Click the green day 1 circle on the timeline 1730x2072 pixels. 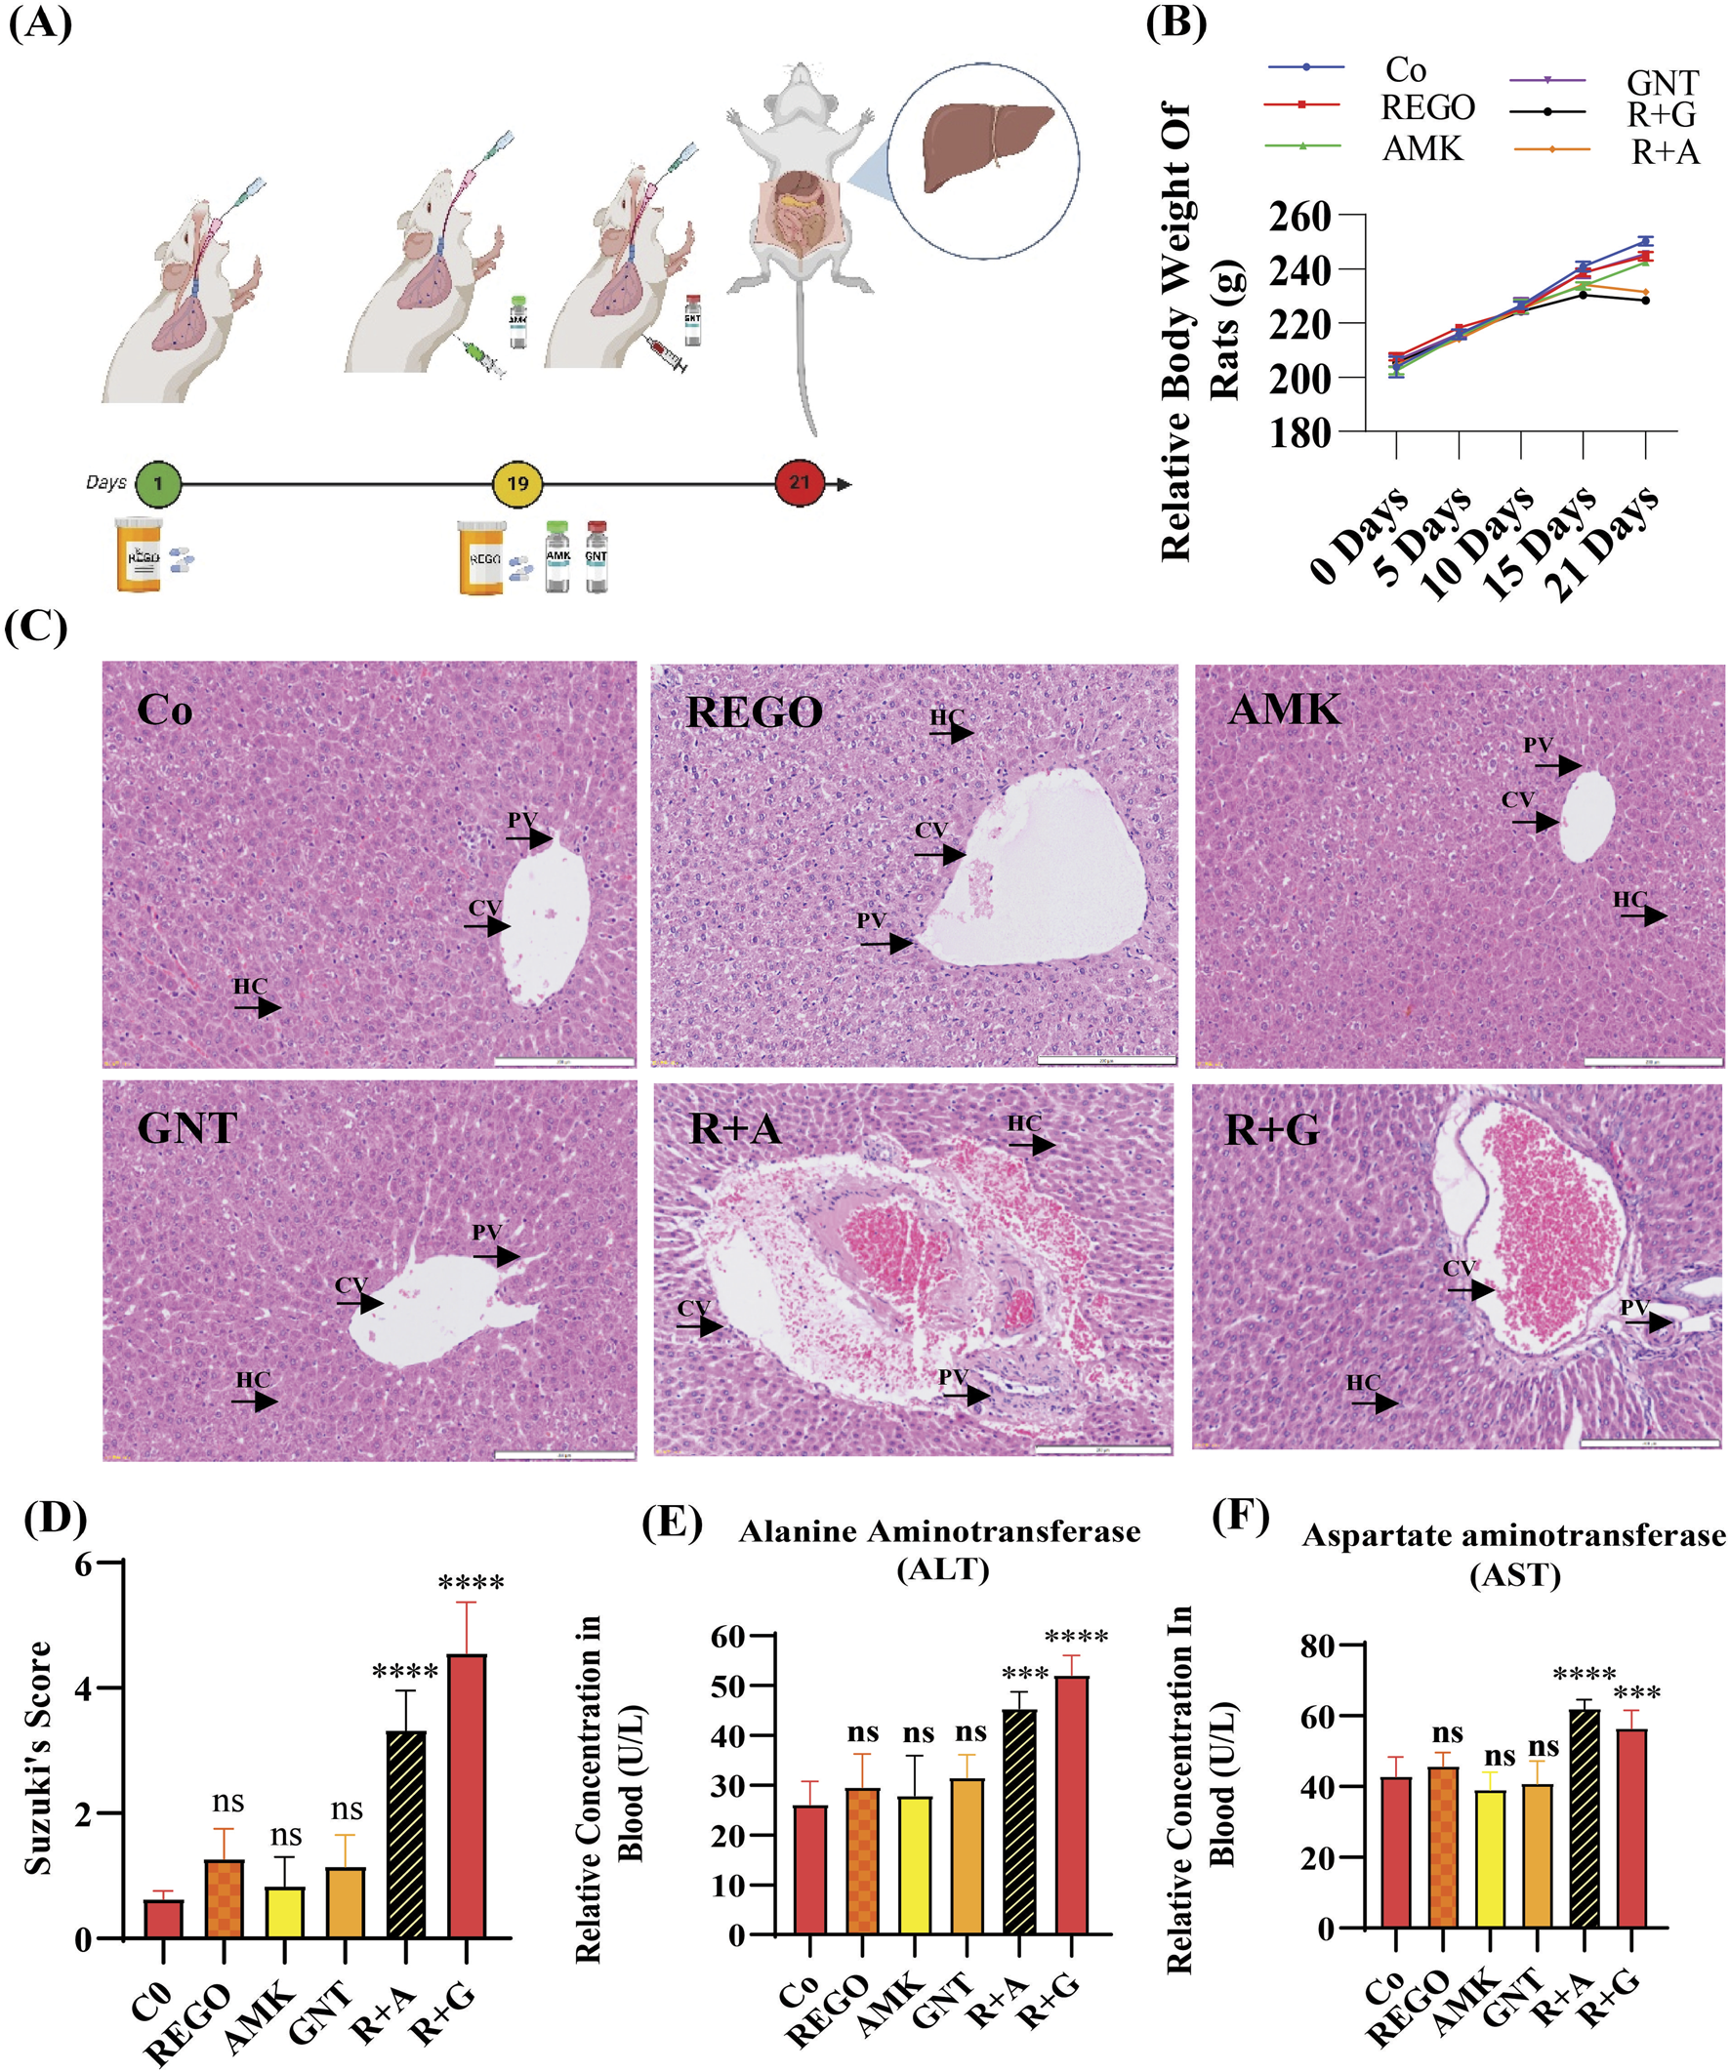click(x=158, y=483)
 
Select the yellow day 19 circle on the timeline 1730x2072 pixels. click(x=517, y=483)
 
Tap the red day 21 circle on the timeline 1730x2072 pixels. click(x=799, y=482)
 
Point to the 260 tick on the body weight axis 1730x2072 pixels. click(x=1300, y=216)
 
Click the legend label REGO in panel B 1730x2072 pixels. click(x=1427, y=107)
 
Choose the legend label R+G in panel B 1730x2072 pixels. click(x=1661, y=115)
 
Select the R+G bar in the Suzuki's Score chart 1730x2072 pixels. click(x=466, y=1796)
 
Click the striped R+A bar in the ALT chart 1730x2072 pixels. click(x=1019, y=1821)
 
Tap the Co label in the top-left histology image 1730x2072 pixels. click(x=164, y=711)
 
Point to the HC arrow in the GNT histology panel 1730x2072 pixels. click(x=257, y=1402)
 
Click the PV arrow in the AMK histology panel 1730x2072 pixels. click(x=1558, y=764)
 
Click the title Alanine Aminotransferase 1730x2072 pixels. click(x=938, y=1532)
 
